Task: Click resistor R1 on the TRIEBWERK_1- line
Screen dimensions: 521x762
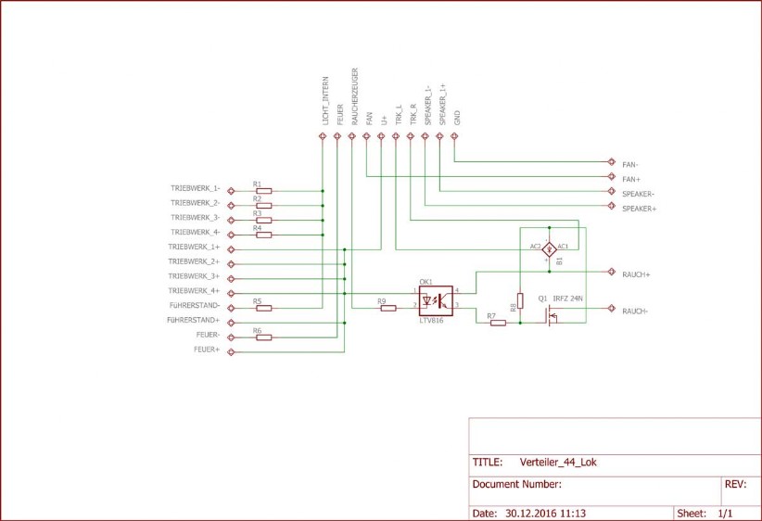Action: (263, 190)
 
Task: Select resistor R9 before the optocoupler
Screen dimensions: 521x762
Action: (387, 308)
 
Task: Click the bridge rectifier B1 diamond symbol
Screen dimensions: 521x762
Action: (548, 248)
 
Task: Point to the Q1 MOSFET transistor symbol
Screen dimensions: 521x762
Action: (552, 315)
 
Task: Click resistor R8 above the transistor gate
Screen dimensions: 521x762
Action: (520, 300)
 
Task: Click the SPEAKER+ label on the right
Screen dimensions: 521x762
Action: (639, 209)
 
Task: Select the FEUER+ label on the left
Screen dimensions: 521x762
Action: (207, 349)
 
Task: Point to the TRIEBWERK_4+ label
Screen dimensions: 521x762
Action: (194, 290)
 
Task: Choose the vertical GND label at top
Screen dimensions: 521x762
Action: (457, 116)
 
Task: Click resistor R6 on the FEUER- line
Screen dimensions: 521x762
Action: (263, 337)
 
